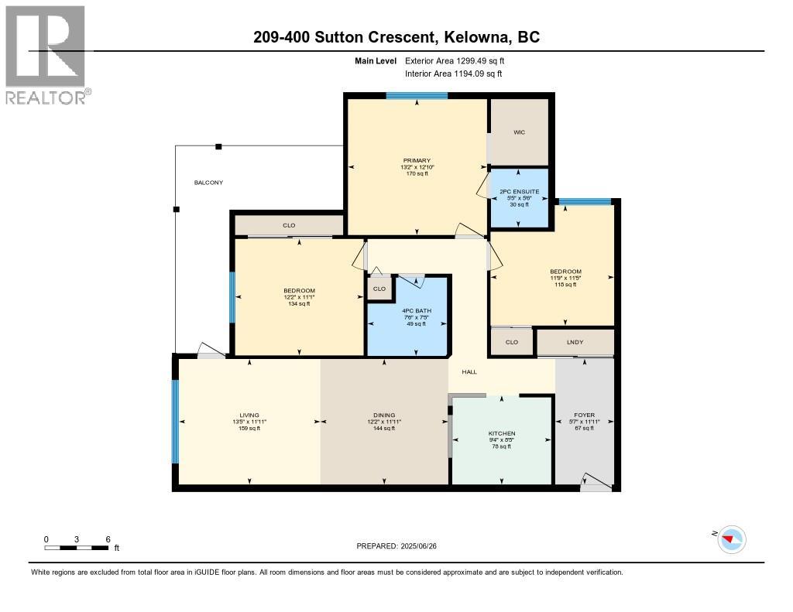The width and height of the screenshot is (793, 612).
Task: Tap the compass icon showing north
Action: (x=732, y=538)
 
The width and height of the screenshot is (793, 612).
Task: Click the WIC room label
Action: (x=519, y=132)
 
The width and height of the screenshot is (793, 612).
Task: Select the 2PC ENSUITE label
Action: (x=519, y=191)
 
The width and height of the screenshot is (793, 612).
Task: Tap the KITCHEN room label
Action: (x=502, y=433)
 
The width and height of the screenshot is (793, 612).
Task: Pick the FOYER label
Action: (x=585, y=415)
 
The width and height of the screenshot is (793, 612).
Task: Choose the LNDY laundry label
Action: (x=575, y=342)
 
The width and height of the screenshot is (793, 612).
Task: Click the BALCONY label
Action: (x=208, y=183)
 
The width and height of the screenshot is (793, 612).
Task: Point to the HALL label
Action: (x=469, y=372)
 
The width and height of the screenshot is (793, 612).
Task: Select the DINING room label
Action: (x=385, y=415)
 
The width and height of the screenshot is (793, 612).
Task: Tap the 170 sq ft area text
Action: (x=416, y=173)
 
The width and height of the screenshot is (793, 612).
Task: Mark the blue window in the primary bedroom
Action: (x=417, y=96)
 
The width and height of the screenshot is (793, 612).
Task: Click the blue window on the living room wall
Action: (x=175, y=422)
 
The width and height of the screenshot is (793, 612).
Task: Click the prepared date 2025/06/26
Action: (x=402, y=545)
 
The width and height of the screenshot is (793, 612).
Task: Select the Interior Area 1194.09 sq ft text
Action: (x=453, y=74)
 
